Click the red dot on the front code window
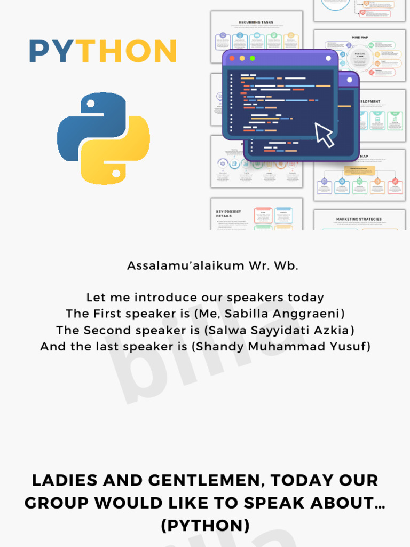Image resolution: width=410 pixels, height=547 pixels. (x=232, y=58)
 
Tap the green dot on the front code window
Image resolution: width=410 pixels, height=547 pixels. (x=252, y=58)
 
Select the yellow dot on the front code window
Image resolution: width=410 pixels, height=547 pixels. (x=242, y=58)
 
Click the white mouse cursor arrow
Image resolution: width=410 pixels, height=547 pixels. (x=324, y=135)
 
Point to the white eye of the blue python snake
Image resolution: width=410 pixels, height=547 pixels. (x=91, y=103)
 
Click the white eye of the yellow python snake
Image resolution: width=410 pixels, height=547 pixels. (x=116, y=173)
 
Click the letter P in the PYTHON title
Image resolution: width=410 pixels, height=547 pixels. (x=39, y=51)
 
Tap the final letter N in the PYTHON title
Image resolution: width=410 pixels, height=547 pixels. (x=164, y=51)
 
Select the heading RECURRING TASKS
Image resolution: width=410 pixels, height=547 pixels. (x=256, y=22)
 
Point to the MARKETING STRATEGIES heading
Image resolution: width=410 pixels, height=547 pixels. (x=359, y=219)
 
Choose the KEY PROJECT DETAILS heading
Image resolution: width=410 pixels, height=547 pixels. (x=228, y=214)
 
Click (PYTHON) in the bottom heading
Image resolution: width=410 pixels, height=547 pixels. (x=205, y=526)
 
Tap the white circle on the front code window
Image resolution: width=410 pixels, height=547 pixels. (x=350, y=80)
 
